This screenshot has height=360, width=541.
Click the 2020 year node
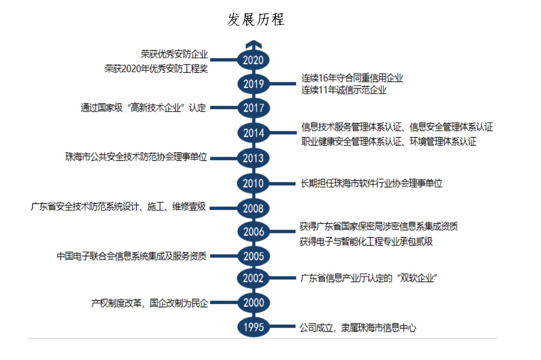click(253, 60)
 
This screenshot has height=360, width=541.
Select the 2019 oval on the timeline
click(253, 83)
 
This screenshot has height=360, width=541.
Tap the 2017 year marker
click(253, 107)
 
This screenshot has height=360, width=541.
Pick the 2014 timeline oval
click(253, 133)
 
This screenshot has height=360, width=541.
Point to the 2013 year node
click(253, 158)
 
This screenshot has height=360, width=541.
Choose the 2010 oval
click(253, 183)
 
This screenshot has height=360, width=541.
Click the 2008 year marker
click(253, 208)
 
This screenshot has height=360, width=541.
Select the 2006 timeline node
click(253, 231)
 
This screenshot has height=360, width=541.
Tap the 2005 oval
click(253, 256)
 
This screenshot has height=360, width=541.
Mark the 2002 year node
click(253, 278)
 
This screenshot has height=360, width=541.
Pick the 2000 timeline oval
click(253, 303)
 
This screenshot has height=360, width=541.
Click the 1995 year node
click(253, 327)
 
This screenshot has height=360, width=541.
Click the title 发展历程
click(255, 19)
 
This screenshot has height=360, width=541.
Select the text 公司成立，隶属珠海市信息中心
click(358, 327)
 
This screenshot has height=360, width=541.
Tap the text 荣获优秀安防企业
click(174, 54)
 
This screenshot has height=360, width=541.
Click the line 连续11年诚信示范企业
click(344, 90)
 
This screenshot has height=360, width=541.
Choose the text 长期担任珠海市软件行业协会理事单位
click(372, 183)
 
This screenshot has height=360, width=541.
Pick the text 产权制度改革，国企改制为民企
click(149, 303)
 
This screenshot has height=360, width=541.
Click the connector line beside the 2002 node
click(283, 278)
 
